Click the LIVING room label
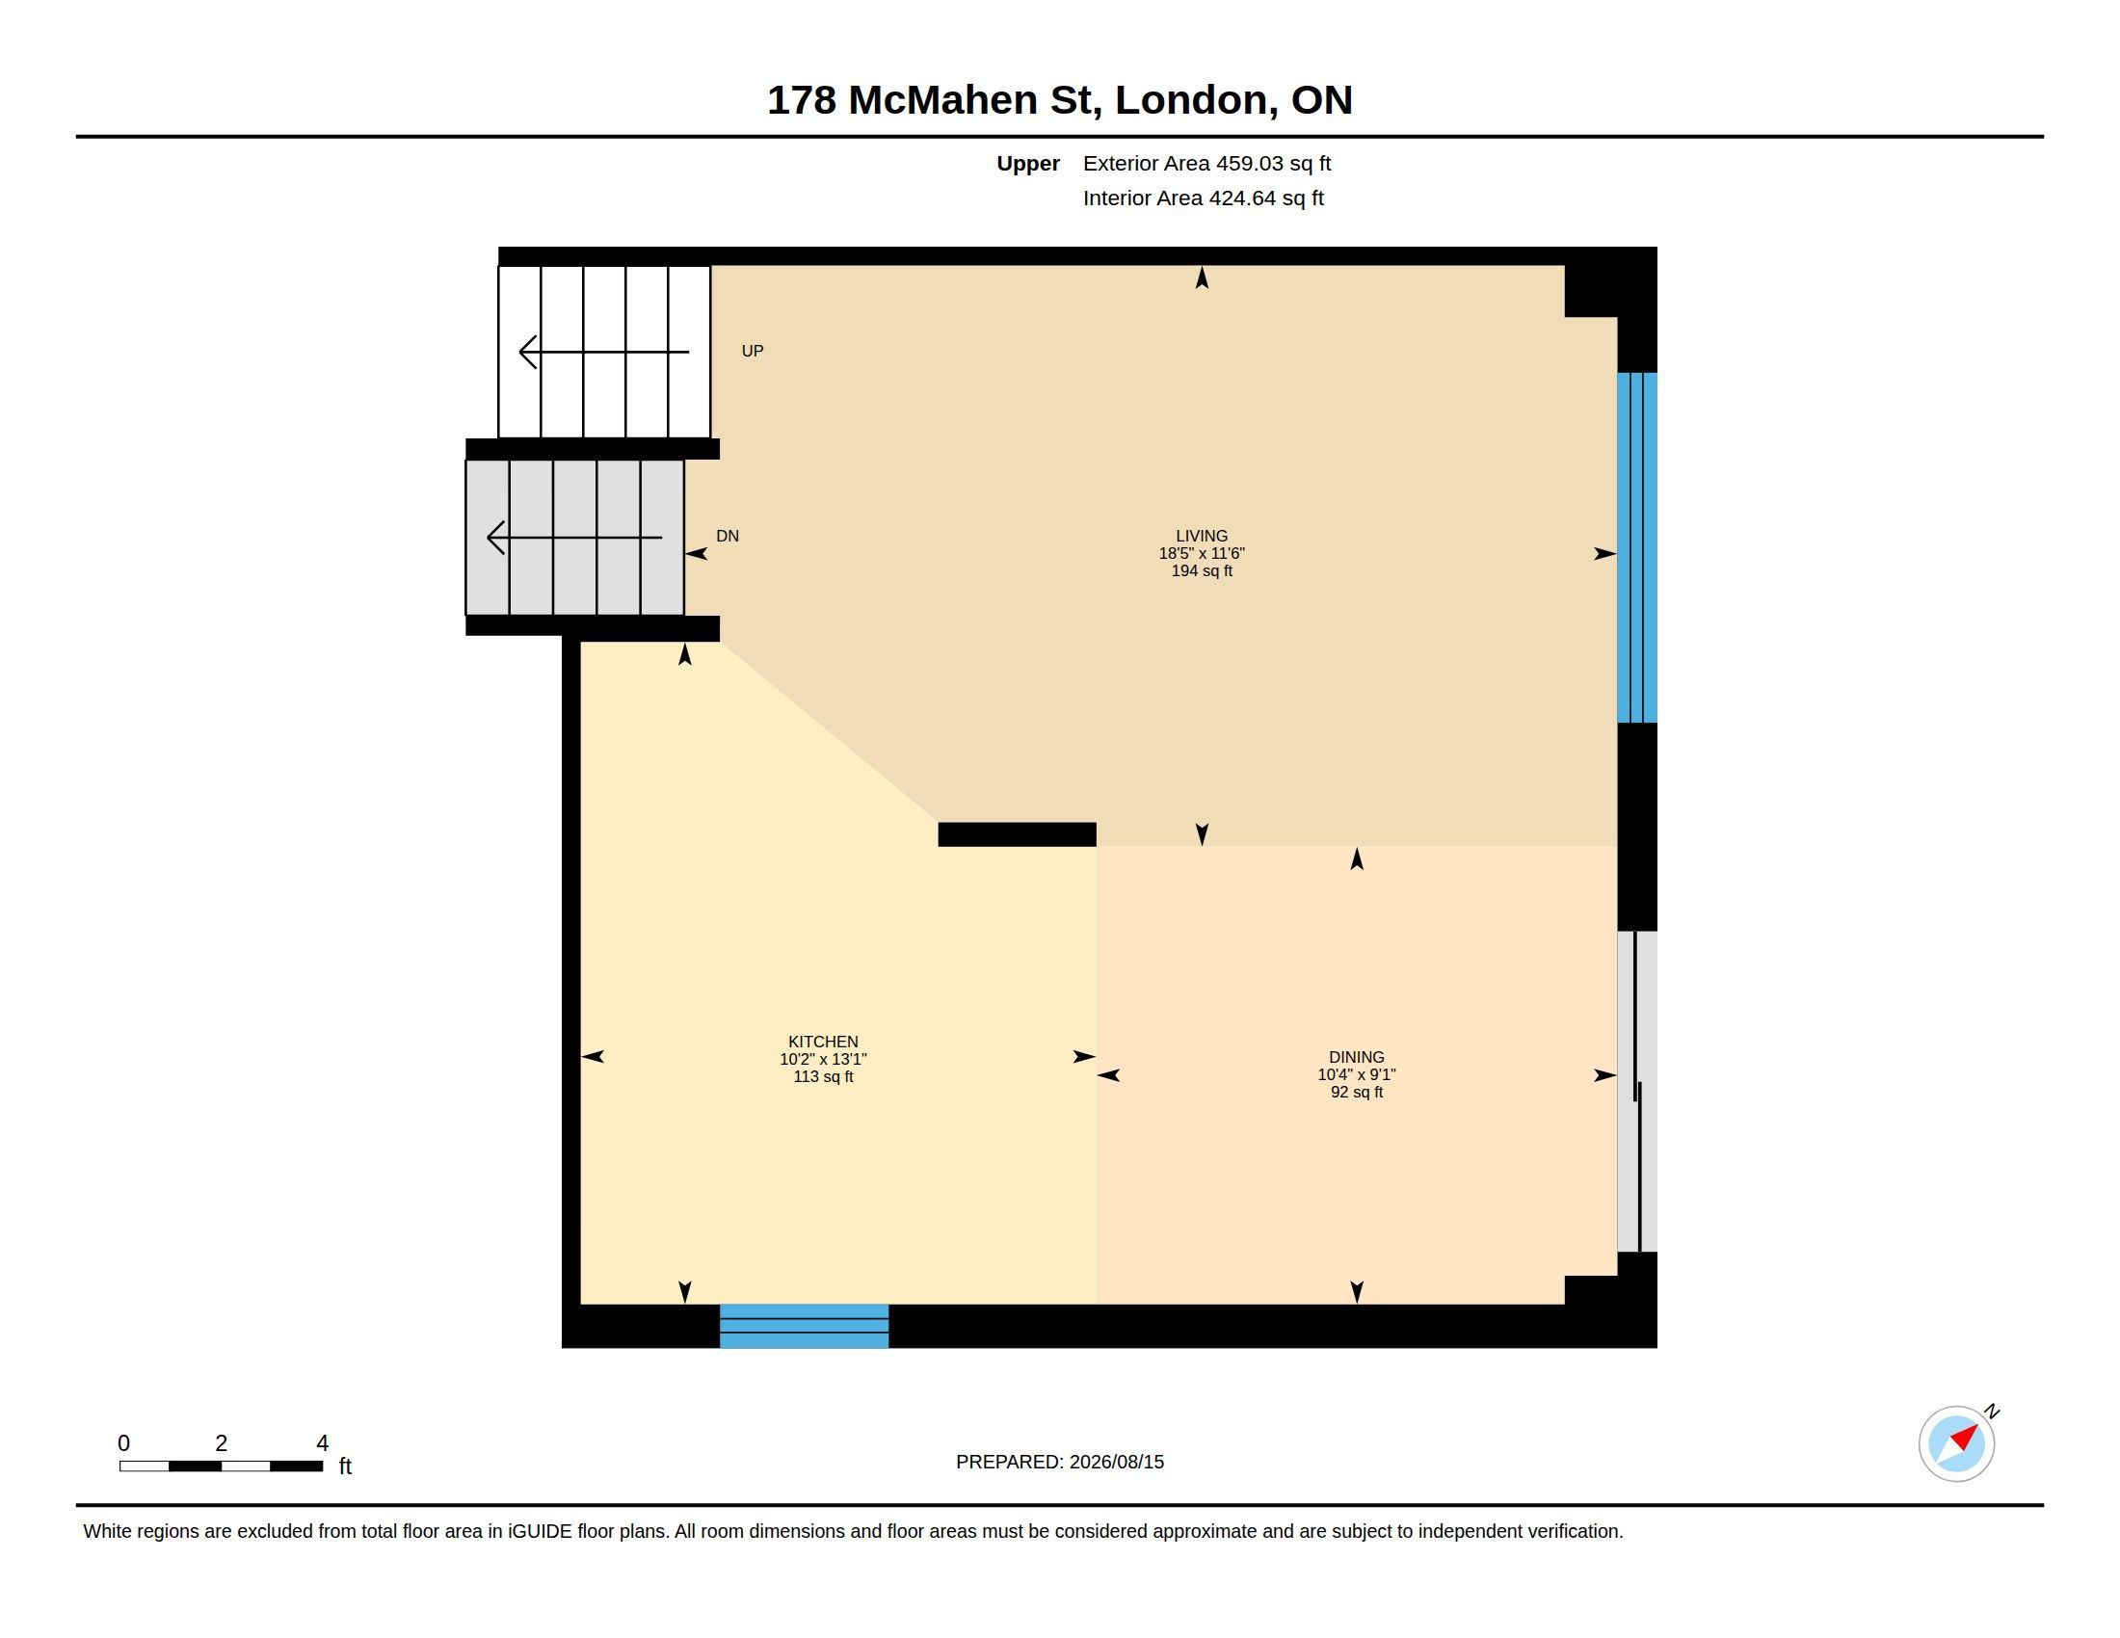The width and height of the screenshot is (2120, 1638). point(1201,536)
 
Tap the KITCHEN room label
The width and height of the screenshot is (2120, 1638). point(823,1042)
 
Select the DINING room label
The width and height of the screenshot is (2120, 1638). point(1356,1057)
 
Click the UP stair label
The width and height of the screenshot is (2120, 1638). point(753,351)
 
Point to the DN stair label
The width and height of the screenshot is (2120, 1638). point(727,536)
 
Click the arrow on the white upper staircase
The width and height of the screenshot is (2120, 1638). point(604,352)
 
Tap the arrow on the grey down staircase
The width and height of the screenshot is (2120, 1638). point(573,537)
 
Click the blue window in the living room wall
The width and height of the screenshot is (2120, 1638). point(1636,547)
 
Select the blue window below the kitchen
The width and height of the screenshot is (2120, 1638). point(804,1326)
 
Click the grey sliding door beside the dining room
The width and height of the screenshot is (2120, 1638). point(1636,1091)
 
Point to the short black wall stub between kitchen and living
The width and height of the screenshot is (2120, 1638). point(1017,834)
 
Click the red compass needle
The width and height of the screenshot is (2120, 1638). point(1964,1437)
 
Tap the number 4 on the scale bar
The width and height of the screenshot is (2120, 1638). point(322,1443)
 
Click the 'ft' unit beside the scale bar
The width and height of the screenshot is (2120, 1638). point(345,1466)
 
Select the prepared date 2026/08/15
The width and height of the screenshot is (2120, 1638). point(1116,1462)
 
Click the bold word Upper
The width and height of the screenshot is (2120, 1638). point(1028,164)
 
